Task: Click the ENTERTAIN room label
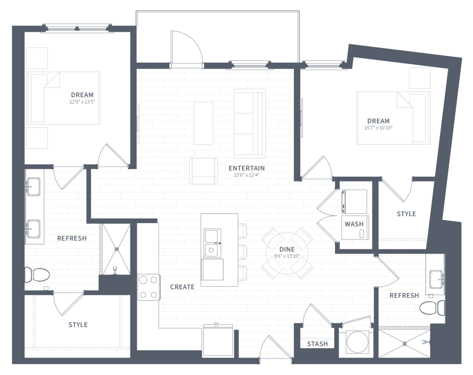[247, 168]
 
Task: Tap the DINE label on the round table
[287, 249]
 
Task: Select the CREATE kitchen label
[182, 287]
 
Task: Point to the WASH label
[354, 224]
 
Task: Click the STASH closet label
[317, 344]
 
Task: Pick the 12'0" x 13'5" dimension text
[82, 102]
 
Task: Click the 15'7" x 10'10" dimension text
[378, 128]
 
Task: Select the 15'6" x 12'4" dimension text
[247, 175]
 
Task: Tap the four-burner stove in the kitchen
[149, 287]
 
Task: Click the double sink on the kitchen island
[212, 243]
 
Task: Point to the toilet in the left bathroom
[37, 275]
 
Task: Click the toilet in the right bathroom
[432, 308]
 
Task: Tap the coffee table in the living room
[203, 124]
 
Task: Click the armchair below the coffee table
[204, 171]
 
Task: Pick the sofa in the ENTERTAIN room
[250, 123]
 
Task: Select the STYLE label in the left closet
[78, 325]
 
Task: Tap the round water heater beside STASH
[357, 342]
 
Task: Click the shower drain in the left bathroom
[117, 249]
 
